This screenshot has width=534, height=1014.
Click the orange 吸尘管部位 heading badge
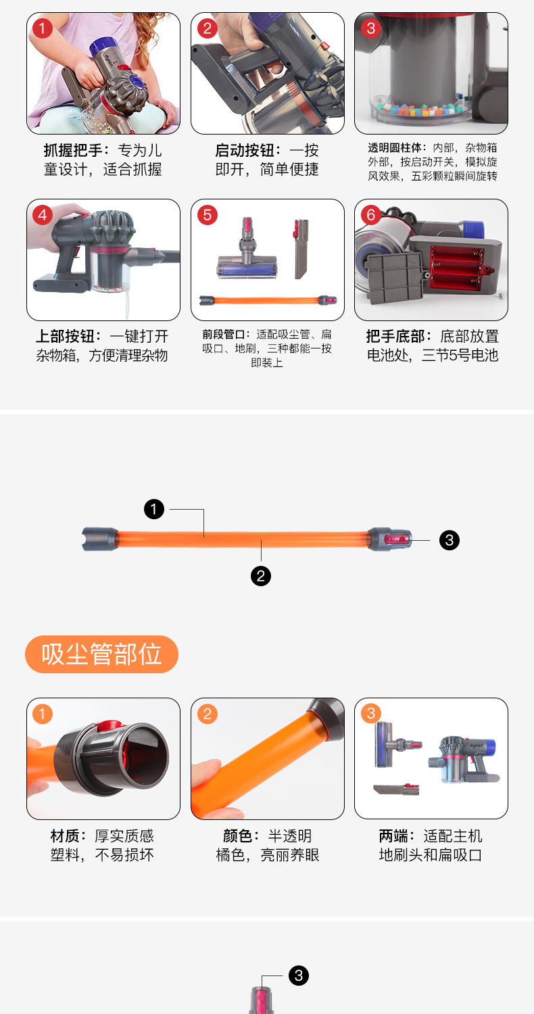(x=101, y=654)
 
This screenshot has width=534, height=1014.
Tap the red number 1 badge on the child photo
(x=43, y=28)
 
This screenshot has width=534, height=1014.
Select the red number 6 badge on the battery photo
(x=371, y=214)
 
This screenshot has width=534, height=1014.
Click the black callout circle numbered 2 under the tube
(x=261, y=576)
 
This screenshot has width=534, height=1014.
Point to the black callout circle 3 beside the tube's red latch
(x=450, y=540)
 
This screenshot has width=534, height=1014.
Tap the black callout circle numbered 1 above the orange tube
(x=154, y=509)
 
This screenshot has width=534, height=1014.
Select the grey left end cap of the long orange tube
(x=100, y=539)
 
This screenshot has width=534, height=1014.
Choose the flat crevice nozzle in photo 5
(x=301, y=249)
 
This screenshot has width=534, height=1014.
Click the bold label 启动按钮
(x=245, y=150)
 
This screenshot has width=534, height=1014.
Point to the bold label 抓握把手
(x=73, y=150)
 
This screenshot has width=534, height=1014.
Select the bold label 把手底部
(x=395, y=337)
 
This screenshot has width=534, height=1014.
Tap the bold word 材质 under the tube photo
(x=65, y=836)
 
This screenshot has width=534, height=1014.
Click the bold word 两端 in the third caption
(x=393, y=836)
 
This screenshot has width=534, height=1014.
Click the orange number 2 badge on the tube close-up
(x=208, y=714)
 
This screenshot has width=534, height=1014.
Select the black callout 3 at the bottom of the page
(x=299, y=975)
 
